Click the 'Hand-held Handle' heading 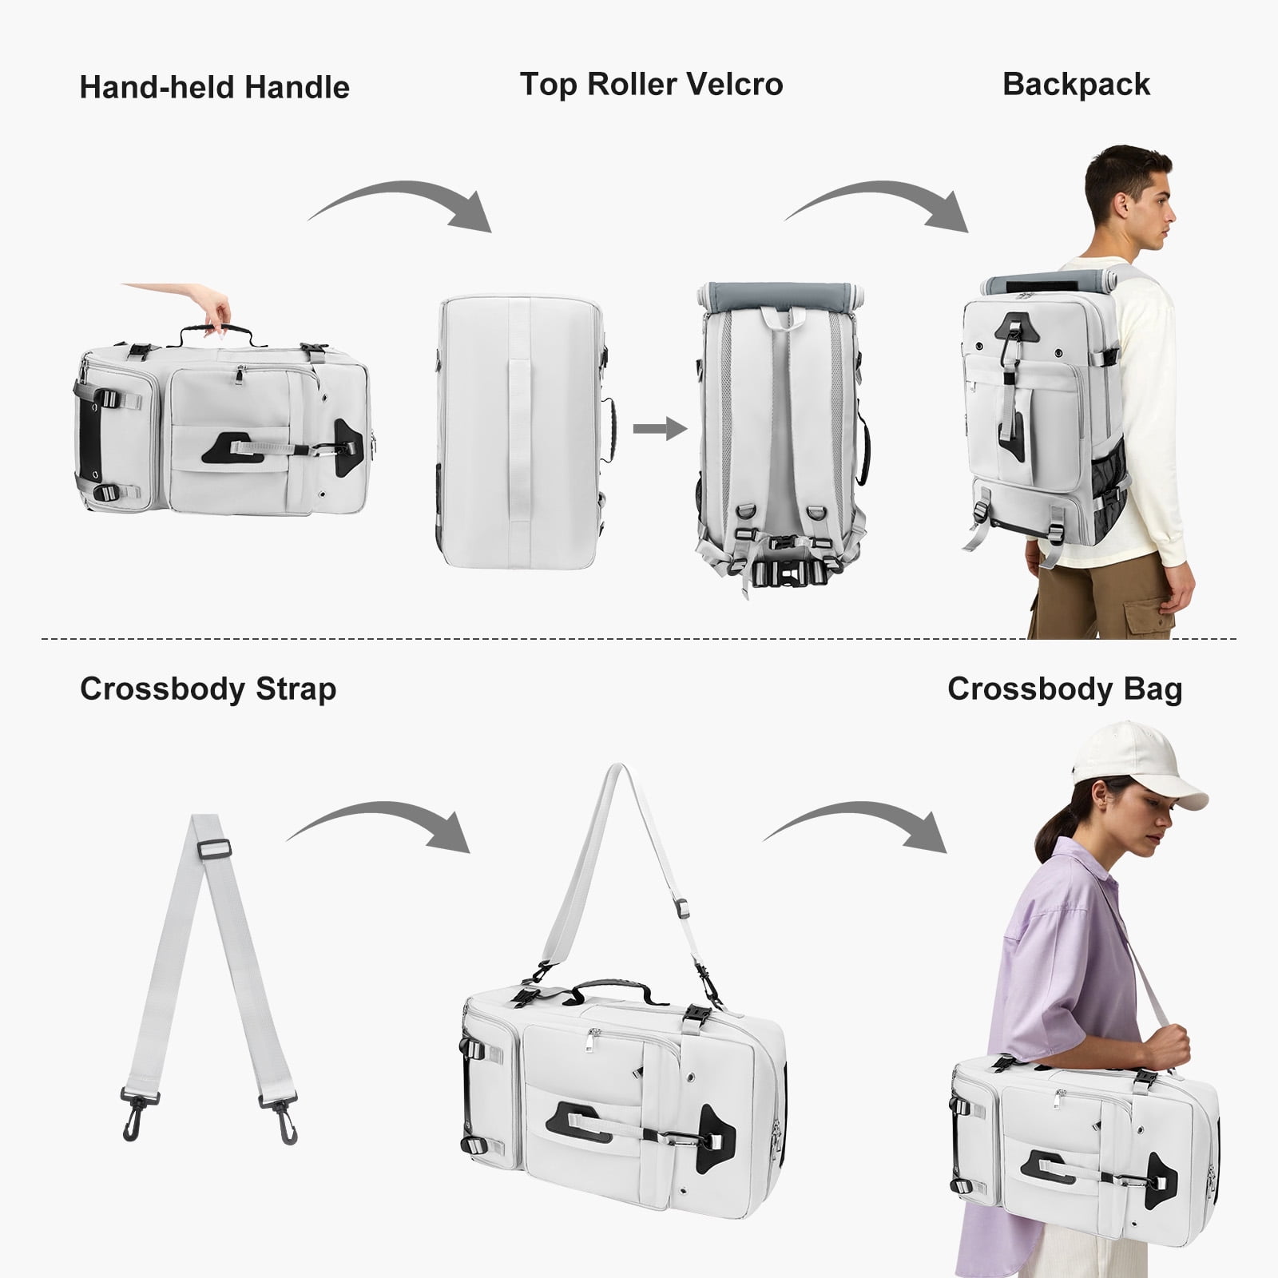pyautogui.click(x=214, y=87)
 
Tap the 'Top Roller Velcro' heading pyautogui.click(x=651, y=84)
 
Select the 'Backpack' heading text pyautogui.click(x=1076, y=85)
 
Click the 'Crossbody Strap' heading pyautogui.click(x=208, y=689)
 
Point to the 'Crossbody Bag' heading pyautogui.click(x=1065, y=689)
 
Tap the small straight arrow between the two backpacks pyautogui.click(x=660, y=429)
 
